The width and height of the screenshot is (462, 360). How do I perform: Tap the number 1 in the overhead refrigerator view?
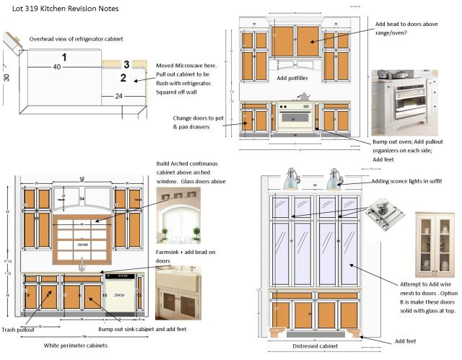click(64, 56)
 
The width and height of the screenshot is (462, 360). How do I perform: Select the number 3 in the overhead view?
click(126, 65)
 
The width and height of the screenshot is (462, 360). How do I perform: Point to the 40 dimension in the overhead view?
click(57, 66)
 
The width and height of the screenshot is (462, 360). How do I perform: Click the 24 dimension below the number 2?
click(118, 95)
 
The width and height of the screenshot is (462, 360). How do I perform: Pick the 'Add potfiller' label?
click(292, 78)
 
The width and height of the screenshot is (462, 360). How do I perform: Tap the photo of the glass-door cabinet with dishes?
click(435, 245)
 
